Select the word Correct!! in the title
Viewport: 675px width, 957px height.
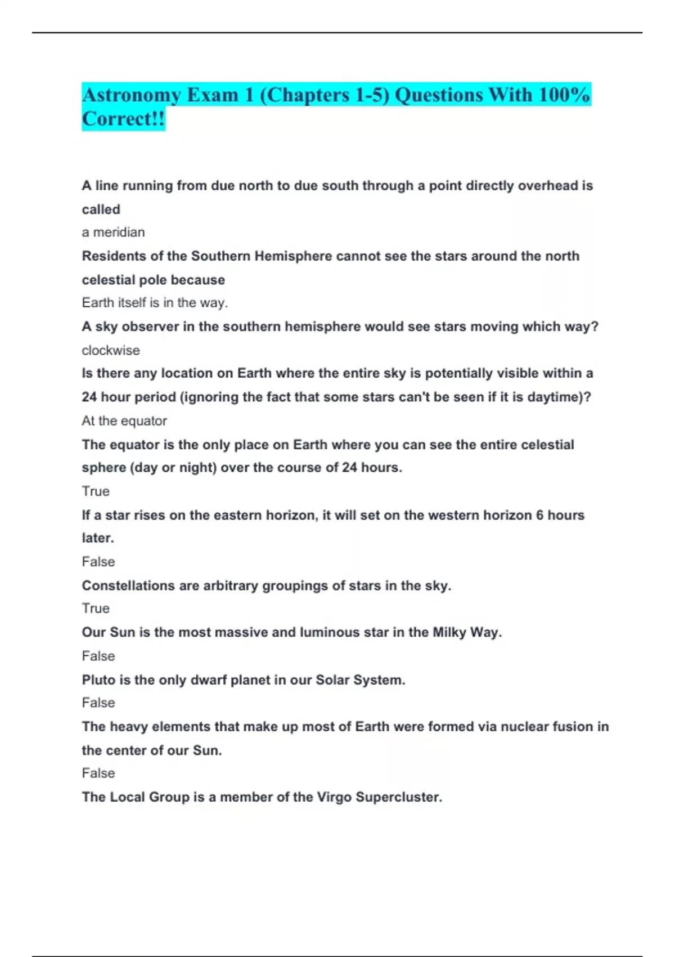[x=123, y=119]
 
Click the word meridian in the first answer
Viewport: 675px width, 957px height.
[x=119, y=232]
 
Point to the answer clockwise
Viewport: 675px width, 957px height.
[x=111, y=350]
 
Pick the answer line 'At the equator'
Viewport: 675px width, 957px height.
[x=124, y=421]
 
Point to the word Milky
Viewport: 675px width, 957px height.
[x=449, y=632]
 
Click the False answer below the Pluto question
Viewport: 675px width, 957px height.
[x=98, y=703]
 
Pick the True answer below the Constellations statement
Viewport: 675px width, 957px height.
[x=96, y=609]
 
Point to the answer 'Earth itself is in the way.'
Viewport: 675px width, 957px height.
[x=155, y=303]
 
